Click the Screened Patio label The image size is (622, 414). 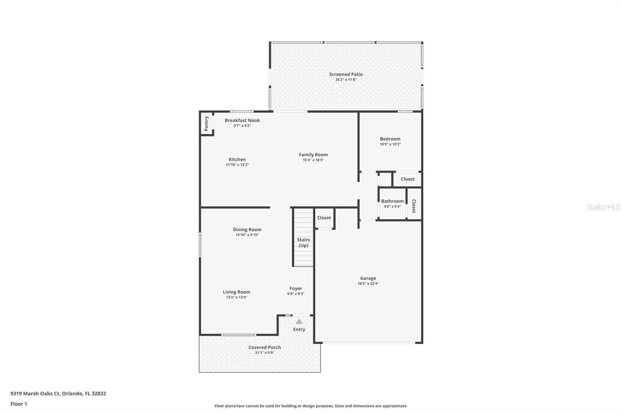tap(346, 74)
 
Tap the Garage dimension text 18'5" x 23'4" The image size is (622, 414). tap(368, 284)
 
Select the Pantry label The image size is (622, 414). tap(206, 124)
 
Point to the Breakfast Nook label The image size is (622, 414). tap(242, 120)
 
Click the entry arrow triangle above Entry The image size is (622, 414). tap(299, 322)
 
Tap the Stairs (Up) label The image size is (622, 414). tap(303, 242)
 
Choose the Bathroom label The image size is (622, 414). tap(392, 201)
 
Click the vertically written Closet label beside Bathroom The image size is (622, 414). tap(414, 206)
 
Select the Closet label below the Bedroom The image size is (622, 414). tap(407, 179)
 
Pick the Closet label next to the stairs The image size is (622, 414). tap(324, 218)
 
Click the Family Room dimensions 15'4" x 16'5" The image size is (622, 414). tap(313, 160)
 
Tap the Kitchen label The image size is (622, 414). tap(237, 159)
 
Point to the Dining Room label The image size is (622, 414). tap(247, 230)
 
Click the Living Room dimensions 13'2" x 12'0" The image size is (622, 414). tap(236, 297)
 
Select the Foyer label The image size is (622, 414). tap(295, 289)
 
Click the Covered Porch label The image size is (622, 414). tap(264, 348)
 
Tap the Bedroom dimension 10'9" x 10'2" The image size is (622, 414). tap(390, 144)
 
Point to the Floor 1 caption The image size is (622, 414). tap(19, 404)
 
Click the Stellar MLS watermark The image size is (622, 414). tap(603, 207)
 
